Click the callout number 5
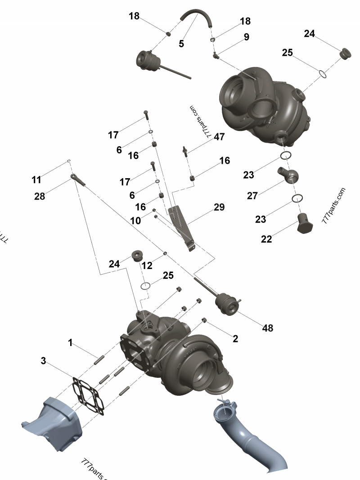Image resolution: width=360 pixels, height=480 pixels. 181,44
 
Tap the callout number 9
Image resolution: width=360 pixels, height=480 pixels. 246,37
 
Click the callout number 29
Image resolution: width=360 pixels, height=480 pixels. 219,207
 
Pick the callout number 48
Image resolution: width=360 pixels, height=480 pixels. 267,328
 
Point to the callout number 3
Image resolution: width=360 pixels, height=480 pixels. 43,361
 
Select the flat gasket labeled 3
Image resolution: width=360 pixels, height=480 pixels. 90,396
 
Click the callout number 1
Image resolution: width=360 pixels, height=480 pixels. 70,343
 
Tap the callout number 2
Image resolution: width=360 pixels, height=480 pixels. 235,339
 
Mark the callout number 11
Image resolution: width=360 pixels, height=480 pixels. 36,180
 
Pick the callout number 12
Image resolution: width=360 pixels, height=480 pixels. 147,266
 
